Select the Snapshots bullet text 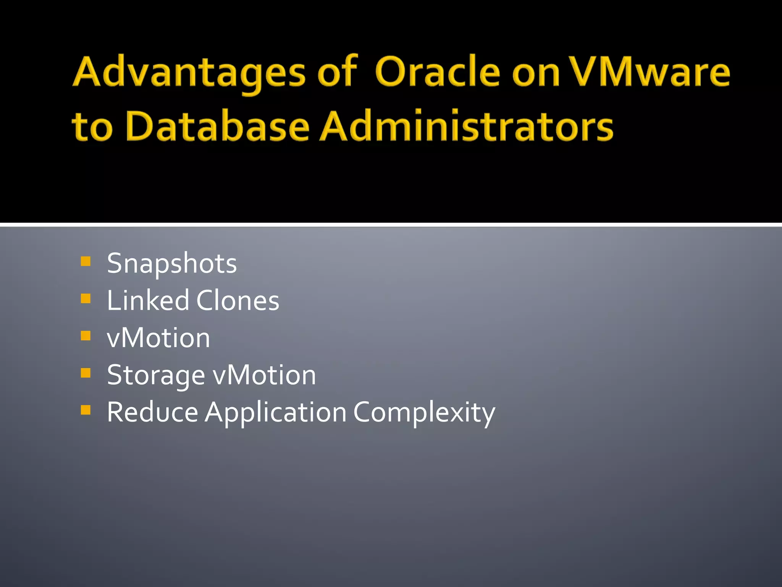172,264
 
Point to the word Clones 238,300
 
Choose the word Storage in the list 156,376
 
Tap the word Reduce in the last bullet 152,412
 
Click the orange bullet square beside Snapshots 86,261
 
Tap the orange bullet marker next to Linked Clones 86,298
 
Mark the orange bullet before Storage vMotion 86,373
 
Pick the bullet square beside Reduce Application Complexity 86,410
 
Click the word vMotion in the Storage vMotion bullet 264,375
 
